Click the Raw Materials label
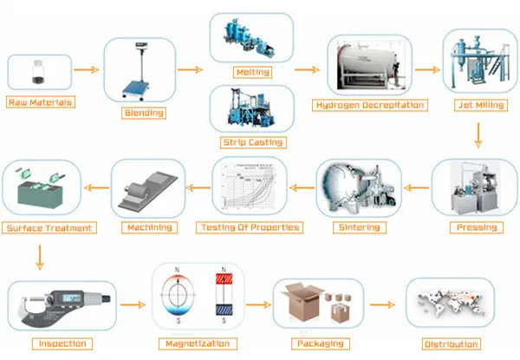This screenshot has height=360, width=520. coord(41,102)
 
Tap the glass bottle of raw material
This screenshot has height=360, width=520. coord(38,72)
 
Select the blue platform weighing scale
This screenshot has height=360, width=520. coord(139,71)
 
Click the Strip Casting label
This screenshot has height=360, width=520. coord(253,142)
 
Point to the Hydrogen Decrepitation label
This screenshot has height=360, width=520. coord(370,105)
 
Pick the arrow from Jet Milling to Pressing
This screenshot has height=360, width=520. coord(478,135)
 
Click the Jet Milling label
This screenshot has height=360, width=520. coord(481,105)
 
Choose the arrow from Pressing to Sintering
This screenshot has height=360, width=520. coord(417,187)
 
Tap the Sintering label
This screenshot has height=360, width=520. coord(360,227)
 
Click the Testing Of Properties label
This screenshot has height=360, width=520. coord(250,227)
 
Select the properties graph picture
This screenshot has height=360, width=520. coord(249,187)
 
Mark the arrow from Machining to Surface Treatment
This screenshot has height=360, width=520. coord(96,187)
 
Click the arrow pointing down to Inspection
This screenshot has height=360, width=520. coord(40,258)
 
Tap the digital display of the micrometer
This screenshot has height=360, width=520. coord(72,298)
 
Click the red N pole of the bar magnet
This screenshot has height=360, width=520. coord(224,279)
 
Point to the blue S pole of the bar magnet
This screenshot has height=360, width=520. coord(224,310)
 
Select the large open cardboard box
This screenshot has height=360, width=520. coord(302,302)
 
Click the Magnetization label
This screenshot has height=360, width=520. coord(198,344)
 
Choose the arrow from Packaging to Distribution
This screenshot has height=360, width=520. coord(382,304)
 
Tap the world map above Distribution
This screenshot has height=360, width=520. coord(451,303)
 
